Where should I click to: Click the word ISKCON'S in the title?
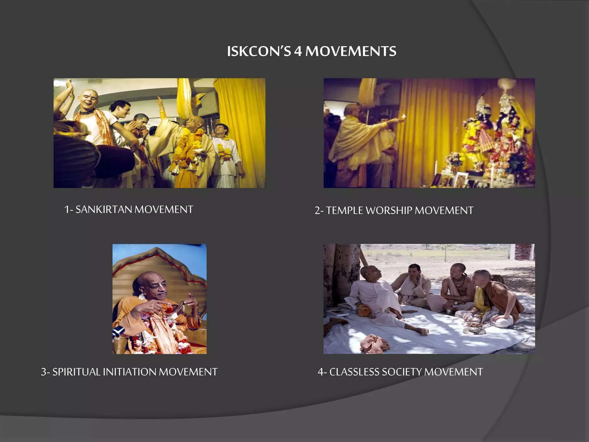coord(259,52)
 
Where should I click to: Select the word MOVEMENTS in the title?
coord(351,52)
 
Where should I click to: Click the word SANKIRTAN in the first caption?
coord(104,209)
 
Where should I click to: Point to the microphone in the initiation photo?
coord(118,333)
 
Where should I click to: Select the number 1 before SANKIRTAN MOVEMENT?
coord(67,209)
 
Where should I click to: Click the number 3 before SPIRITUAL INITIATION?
coord(44,372)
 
